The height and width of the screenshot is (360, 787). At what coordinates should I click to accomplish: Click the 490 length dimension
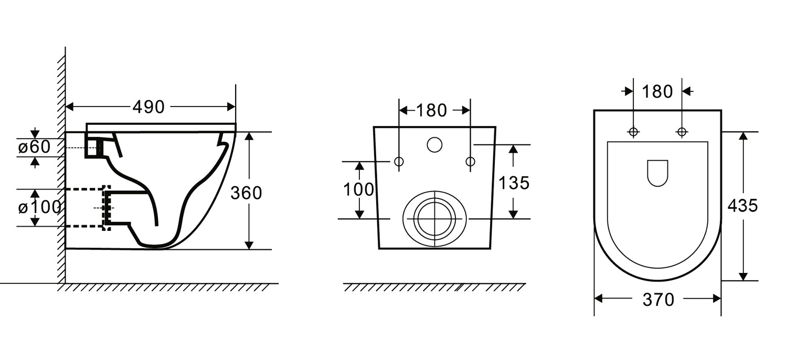[x=148, y=107]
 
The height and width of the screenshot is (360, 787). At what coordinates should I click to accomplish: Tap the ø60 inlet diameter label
[x=34, y=146]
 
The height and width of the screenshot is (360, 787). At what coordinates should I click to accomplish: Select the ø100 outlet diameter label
[x=39, y=207]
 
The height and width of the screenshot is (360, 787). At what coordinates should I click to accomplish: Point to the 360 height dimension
[x=246, y=193]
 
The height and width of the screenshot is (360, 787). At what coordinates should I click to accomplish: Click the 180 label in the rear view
[x=431, y=110]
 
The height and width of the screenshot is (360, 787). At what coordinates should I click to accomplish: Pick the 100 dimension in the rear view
[x=358, y=189]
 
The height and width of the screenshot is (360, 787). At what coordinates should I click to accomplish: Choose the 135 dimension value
[x=514, y=183]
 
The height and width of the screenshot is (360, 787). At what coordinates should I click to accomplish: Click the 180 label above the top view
[x=657, y=92]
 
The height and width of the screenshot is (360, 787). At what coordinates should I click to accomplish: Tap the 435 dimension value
[x=742, y=206]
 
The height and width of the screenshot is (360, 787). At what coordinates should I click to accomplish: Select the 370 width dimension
[x=658, y=300]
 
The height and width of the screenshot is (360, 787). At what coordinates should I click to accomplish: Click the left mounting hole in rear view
[x=399, y=162]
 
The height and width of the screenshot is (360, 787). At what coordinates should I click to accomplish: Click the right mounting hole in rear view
[x=471, y=162]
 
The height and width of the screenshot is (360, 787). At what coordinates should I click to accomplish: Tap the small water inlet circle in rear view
[x=434, y=144]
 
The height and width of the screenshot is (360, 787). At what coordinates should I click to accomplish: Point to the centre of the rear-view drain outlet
[x=434, y=219]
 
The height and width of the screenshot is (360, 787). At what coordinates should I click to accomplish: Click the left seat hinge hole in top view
[x=633, y=132]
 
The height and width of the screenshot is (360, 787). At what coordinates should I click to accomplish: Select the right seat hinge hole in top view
[x=682, y=132]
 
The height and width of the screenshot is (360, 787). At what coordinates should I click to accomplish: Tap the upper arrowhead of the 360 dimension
[x=249, y=136]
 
